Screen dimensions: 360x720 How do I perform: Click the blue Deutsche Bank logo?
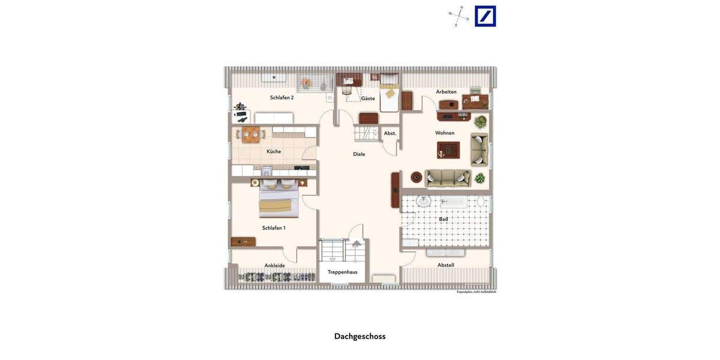485,16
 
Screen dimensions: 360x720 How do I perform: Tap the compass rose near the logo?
459,16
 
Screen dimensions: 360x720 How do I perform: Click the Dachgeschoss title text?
359,336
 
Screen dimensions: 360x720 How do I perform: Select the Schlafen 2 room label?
281,97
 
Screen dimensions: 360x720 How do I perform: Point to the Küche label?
274,151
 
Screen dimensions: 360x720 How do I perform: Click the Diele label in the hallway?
359,154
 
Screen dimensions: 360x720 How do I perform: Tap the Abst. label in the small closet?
390,133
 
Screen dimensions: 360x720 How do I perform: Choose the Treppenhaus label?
342,272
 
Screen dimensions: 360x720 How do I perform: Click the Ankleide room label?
275,265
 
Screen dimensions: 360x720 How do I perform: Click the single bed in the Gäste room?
389,94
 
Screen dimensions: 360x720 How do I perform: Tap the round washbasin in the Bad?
424,201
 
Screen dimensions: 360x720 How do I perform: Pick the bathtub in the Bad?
454,202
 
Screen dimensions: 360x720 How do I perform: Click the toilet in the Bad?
481,202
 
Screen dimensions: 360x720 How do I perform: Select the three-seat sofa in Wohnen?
448,178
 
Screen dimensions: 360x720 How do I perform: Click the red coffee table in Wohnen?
448,150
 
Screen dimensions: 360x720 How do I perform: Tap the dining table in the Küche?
251,134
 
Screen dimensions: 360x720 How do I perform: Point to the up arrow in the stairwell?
356,244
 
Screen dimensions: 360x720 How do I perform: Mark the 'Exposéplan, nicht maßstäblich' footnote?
476,292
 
